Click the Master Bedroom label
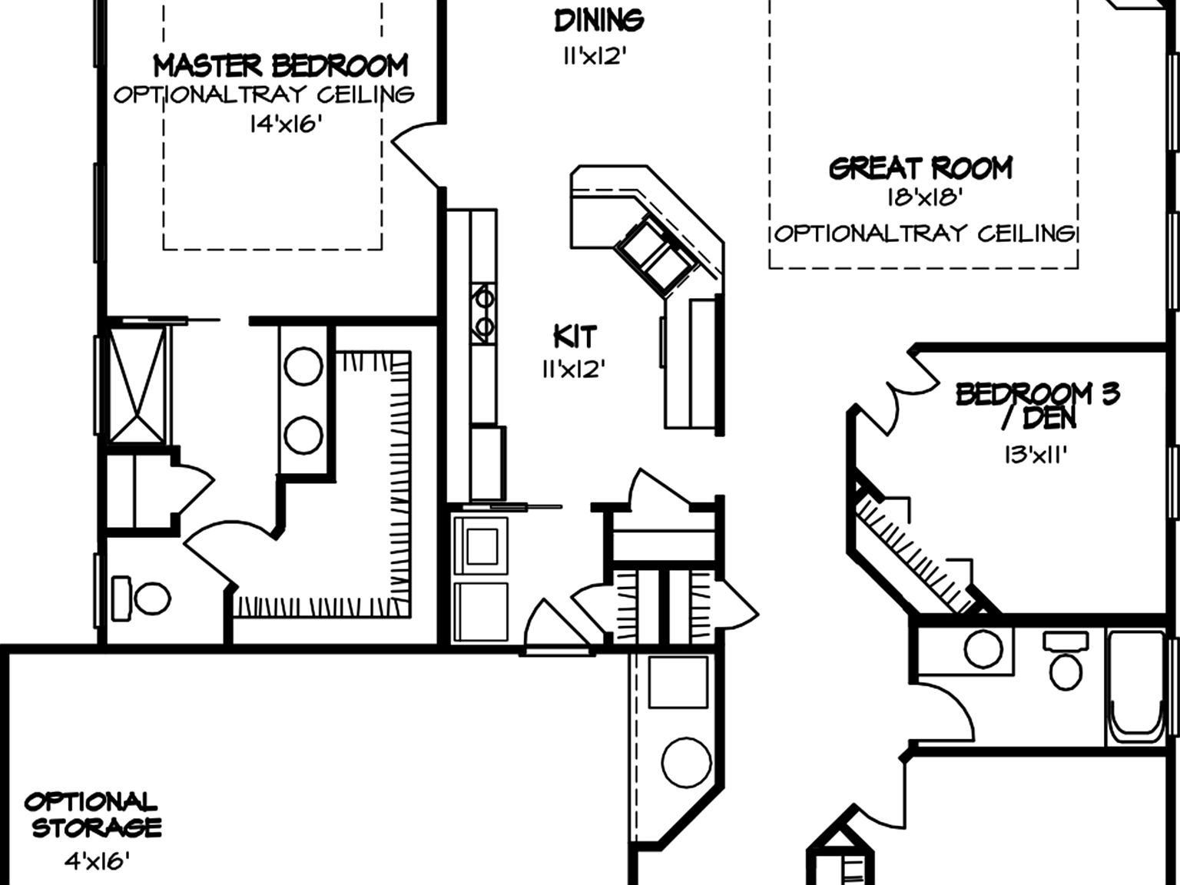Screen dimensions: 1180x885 pyautogui.click(x=280, y=66)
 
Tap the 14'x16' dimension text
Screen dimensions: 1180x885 pyautogui.click(x=286, y=124)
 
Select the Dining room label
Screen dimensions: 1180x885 pyautogui.click(x=599, y=21)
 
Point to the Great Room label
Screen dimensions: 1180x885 pyautogui.click(x=921, y=168)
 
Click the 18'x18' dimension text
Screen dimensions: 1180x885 pyautogui.click(x=924, y=197)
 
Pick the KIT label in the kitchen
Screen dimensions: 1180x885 pyautogui.click(x=575, y=337)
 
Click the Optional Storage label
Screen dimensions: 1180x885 pyautogui.click(x=92, y=815)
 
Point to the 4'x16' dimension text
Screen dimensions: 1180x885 pyautogui.click(x=98, y=862)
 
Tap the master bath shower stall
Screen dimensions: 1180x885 pyautogui.click(x=138, y=385)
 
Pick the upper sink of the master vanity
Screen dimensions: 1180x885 pyautogui.click(x=303, y=366)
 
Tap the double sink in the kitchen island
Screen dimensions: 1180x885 pyautogui.click(x=655, y=255)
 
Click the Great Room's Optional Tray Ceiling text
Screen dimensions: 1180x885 pyautogui.click(x=925, y=234)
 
